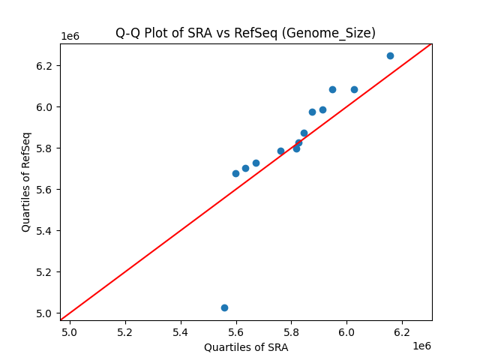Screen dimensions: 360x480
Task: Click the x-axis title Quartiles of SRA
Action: pyautogui.click(x=246, y=347)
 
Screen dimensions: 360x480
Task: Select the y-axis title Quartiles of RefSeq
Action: pyautogui.click(x=26, y=181)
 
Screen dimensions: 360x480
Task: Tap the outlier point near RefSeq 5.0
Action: pyautogui.click(x=224, y=307)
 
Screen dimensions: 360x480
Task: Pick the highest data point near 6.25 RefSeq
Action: pyautogui.click(x=390, y=55)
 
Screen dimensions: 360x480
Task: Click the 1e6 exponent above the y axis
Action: pyautogui.click(x=70, y=36)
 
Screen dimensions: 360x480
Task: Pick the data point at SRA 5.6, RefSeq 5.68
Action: pyautogui.click(x=235, y=173)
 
